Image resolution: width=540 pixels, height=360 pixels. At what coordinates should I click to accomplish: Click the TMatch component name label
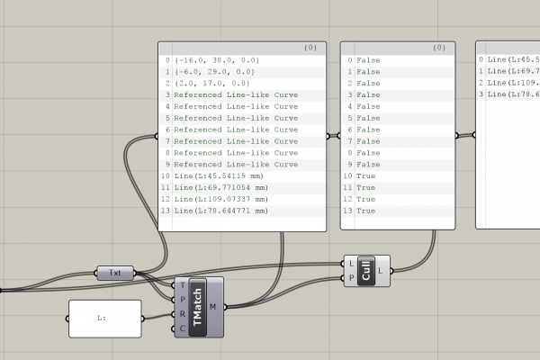pos(197,307)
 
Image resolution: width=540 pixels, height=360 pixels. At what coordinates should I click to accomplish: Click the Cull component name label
pos(366,271)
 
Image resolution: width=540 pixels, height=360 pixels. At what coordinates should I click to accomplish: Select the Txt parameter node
pos(115,273)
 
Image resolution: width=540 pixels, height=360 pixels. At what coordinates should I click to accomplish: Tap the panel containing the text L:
pos(105,319)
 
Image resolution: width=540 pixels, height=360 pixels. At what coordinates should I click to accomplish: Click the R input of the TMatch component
pos(182,314)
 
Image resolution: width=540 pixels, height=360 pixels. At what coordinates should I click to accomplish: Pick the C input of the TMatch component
pos(182,328)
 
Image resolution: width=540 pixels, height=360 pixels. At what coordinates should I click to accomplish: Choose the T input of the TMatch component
pos(183,285)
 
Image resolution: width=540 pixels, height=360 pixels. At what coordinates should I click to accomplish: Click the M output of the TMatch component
pos(212,307)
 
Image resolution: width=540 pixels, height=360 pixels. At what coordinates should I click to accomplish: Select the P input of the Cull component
pos(351,278)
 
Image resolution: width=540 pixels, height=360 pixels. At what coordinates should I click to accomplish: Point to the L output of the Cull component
pos(380,271)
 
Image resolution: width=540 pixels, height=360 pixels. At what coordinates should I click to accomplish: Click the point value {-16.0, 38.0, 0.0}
pos(217,60)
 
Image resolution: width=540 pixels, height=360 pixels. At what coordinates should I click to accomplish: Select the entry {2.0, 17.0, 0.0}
pos(211,84)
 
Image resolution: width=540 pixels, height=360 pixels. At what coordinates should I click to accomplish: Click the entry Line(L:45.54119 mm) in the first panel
pos(219,176)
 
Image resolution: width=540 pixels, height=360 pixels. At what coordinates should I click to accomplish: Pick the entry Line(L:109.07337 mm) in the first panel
pos(220,199)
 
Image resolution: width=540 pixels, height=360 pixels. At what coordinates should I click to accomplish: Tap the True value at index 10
pos(365,176)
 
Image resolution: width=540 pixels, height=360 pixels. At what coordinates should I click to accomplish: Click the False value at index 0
pos(368,60)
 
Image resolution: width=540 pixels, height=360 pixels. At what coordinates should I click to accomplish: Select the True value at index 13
pos(365,211)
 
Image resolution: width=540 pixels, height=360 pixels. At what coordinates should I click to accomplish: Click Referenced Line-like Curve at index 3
pos(236,95)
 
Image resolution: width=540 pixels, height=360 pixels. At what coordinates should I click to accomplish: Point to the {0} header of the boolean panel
pos(439,48)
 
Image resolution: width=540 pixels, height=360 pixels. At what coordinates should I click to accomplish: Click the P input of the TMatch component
pos(182,300)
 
